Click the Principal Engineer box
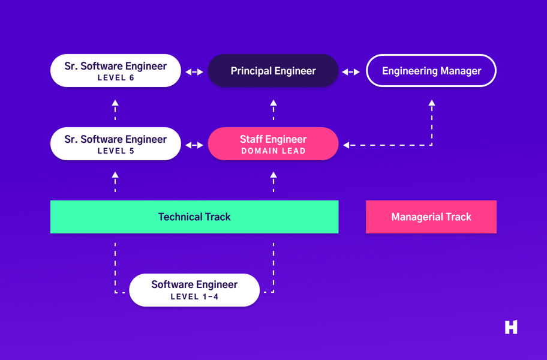coord(273,71)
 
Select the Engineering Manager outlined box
coord(431,71)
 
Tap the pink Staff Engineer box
coord(273,144)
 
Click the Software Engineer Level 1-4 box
coord(194,290)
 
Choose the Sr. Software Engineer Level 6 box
coord(115,71)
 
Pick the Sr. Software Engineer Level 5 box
coord(115,144)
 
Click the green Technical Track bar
coord(194,217)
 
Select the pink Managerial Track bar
coord(431,217)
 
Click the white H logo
coord(511,327)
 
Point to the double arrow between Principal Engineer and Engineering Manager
coord(351,72)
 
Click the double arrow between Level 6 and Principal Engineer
coord(194,72)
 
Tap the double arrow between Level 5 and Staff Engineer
coord(194,145)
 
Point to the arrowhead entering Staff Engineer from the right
coord(347,145)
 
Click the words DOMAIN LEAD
coord(273,151)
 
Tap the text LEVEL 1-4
coord(194,296)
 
